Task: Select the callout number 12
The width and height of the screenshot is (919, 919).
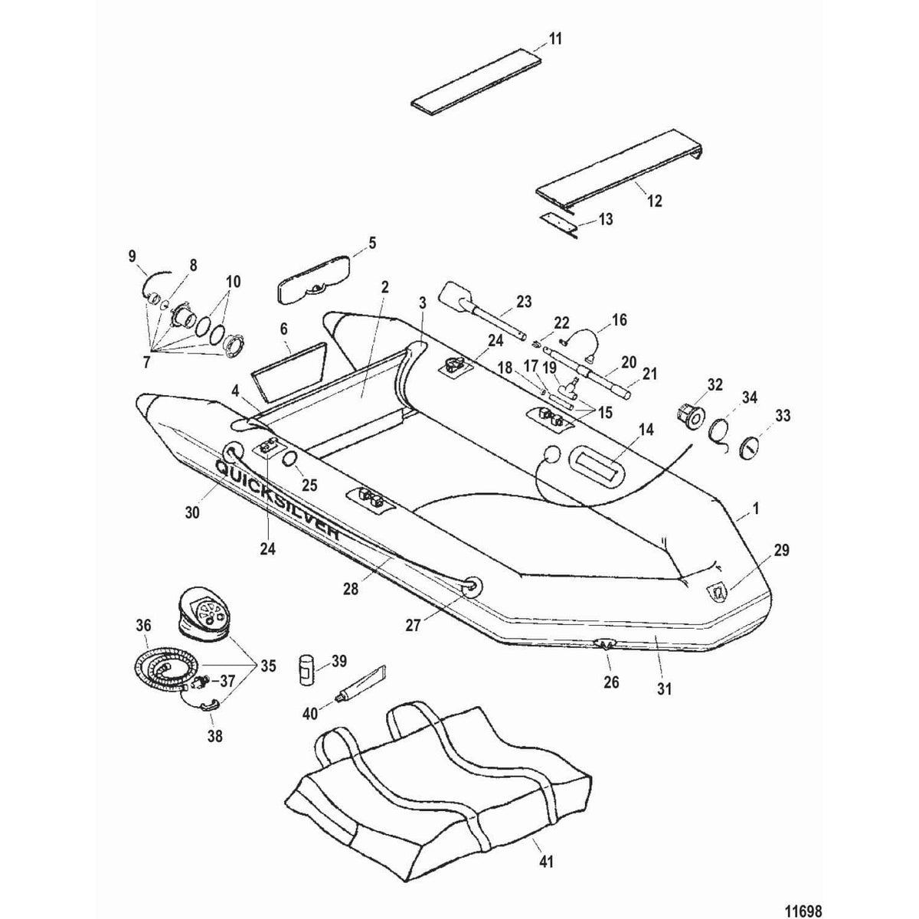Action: (x=654, y=201)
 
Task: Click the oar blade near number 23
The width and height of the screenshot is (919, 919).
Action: (x=457, y=298)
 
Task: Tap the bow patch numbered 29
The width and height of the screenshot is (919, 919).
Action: (x=718, y=592)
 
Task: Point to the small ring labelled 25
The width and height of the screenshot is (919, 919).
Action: (x=290, y=459)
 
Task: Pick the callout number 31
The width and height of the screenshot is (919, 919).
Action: (x=663, y=688)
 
